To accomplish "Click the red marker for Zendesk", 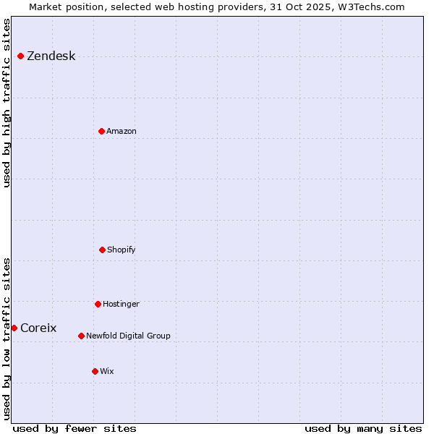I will pos(20,56).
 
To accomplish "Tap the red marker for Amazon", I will pos(101,131).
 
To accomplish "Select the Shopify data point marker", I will pos(102,250).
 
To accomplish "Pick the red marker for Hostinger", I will pos(98,304).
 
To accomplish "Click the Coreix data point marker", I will pos(14,328).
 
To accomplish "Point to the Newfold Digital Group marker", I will pos(81,336).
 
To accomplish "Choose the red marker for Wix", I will pos(95,371).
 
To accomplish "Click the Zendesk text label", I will pos(51,56).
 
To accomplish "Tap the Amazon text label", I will pos(122,131).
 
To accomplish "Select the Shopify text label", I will pos(122,250).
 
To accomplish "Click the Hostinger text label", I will pos(121,304).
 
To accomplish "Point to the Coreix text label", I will pos(38,328).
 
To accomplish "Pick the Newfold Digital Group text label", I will pos(128,336).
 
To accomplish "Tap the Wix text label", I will pos(107,371).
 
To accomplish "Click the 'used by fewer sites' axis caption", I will pos(75,428).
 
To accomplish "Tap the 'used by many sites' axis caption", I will pos(363,428).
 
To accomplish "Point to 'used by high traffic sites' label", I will pos(7,103).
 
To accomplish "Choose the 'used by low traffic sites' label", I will pos(7,339).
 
